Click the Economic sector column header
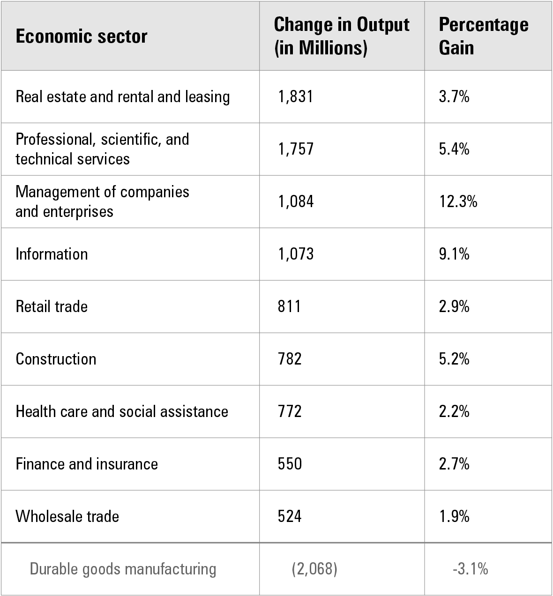[x=82, y=37]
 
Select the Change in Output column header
[x=342, y=36]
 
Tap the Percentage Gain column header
[x=483, y=36]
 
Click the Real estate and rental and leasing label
[x=123, y=97]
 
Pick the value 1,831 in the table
[x=295, y=97]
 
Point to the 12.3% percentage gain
[x=458, y=201]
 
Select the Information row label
[x=52, y=254]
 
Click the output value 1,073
[x=295, y=254]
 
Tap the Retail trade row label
[x=52, y=306]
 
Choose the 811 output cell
[x=289, y=306]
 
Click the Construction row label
[x=56, y=359]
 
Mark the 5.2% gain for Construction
[x=454, y=359]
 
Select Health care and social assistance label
[x=122, y=411]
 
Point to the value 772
[x=290, y=411]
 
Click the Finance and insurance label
[x=87, y=464]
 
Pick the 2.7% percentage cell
[x=454, y=464]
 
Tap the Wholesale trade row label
[x=67, y=516]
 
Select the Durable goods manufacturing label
[x=123, y=569]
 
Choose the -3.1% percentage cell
[x=471, y=569]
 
